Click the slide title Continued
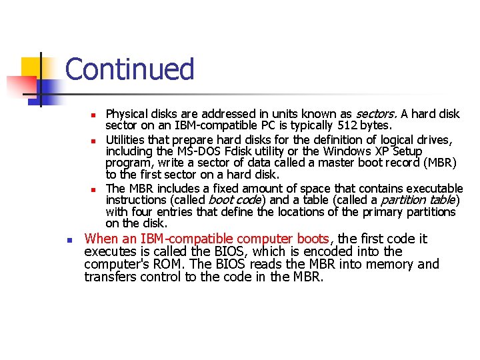tap(129, 69)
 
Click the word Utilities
tap(127, 140)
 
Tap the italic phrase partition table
tap(418, 200)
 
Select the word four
tap(142, 212)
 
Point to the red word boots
tap(313, 239)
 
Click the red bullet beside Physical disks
tap(95, 115)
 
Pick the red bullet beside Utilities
tap(95, 141)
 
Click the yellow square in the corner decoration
tap(31, 67)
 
